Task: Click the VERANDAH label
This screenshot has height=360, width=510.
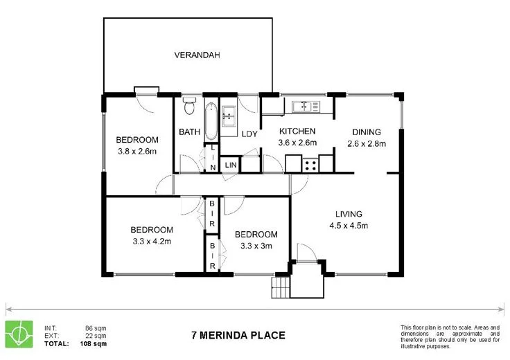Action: click(x=197, y=55)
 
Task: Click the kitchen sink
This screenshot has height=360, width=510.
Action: click(x=305, y=106)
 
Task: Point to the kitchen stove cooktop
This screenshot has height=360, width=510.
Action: click(x=310, y=165)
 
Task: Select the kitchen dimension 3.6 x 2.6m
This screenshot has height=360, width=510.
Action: click(x=297, y=143)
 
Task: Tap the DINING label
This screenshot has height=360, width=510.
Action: click(x=367, y=132)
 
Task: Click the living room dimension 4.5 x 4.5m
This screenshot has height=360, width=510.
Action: click(x=349, y=225)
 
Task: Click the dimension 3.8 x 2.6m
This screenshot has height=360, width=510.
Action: click(x=137, y=151)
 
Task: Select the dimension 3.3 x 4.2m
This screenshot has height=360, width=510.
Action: click(x=152, y=242)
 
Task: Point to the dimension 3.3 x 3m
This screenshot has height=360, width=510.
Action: click(x=255, y=246)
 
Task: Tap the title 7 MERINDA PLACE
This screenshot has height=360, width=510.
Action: click(x=238, y=336)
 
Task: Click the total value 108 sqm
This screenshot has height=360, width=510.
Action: click(x=93, y=343)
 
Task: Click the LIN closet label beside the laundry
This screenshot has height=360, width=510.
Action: click(x=230, y=165)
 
